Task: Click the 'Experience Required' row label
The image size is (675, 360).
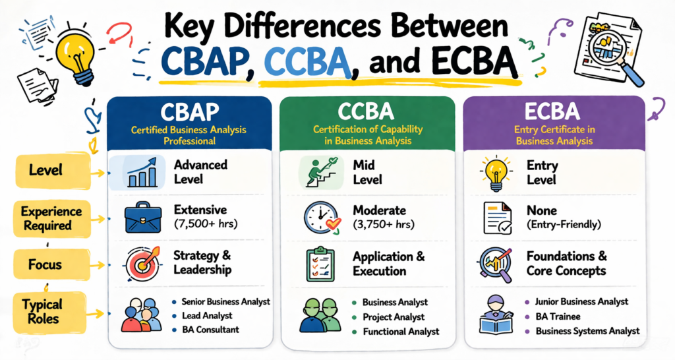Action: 51,219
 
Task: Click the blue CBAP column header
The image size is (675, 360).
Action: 189,122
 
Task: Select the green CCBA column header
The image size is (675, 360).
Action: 368,122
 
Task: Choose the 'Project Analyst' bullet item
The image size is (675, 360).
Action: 394,316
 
